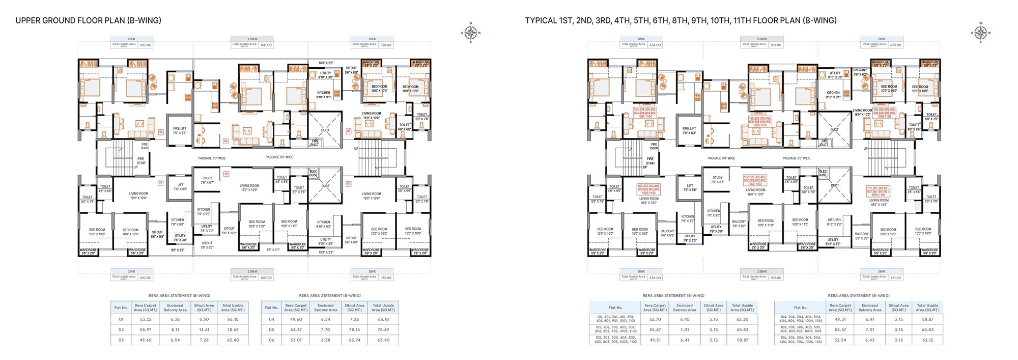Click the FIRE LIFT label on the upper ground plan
click(x=180, y=130)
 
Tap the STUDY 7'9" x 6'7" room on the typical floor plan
click(x=718, y=180)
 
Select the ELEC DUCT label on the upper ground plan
click(x=313, y=173)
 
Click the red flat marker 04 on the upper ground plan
click(x=161, y=132)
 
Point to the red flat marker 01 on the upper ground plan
click(x=349, y=183)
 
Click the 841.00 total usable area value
click(x=266, y=45)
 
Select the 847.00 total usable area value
click(x=266, y=278)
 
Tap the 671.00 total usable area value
click(x=895, y=278)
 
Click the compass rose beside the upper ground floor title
click(x=471, y=33)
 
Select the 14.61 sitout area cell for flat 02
click(x=204, y=329)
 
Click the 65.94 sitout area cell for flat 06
click(x=354, y=340)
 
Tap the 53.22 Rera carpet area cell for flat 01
click(x=146, y=319)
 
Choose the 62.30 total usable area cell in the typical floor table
click(x=742, y=319)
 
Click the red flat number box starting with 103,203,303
click(x=648, y=189)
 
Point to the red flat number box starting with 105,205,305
click(x=760, y=121)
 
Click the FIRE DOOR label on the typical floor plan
click(x=654, y=146)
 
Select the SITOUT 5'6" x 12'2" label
click(x=230, y=231)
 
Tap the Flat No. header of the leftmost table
click(x=121, y=308)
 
